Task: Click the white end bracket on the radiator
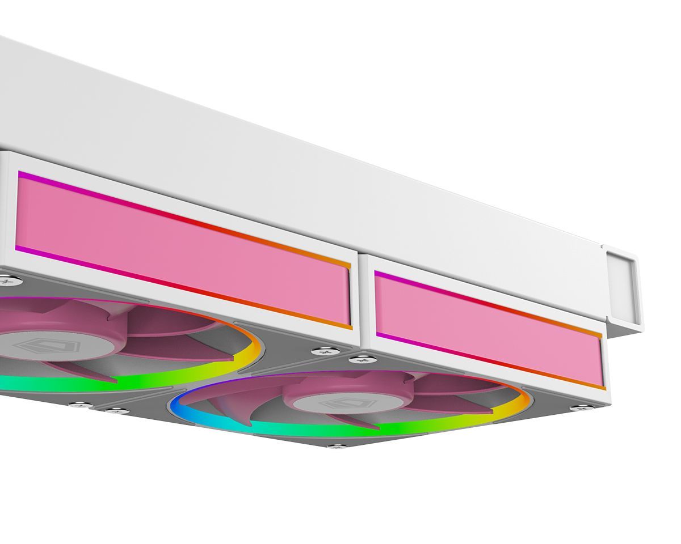coord(621,289)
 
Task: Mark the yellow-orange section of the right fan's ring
coord(519,405)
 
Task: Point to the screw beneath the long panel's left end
coord(5,279)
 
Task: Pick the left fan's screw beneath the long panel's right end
coord(325,352)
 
